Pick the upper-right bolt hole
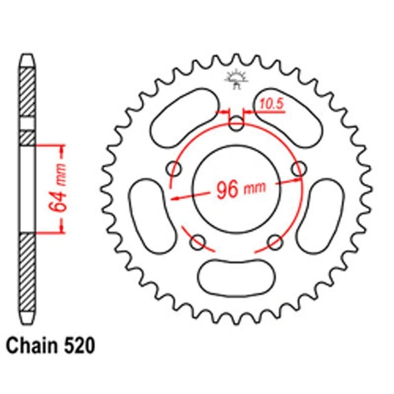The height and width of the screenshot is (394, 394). click(297, 167)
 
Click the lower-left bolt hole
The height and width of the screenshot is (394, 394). click(199, 240)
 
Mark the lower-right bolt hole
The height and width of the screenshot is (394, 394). click(273, 240)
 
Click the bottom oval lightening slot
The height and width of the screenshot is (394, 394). click(236, 276)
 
